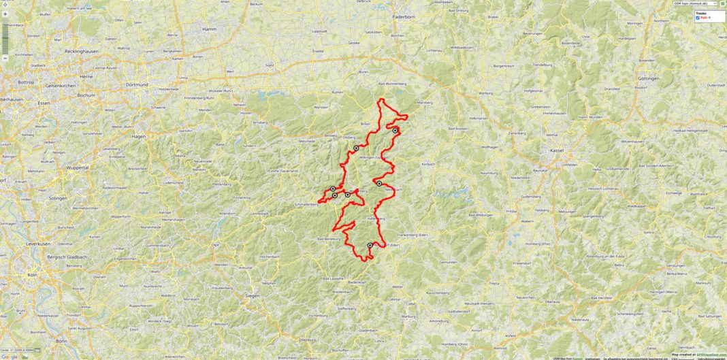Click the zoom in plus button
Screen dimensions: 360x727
(5, 14)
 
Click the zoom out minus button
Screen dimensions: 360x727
(5, 59)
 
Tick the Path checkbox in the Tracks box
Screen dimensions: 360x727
(698, 18)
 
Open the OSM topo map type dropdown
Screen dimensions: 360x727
(694, 3)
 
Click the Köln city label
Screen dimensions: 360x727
(31, 275)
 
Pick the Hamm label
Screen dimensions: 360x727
(210, 30)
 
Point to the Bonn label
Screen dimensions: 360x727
(62, 340)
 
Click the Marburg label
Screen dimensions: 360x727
(408, 317)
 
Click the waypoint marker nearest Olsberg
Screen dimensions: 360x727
(356, 148)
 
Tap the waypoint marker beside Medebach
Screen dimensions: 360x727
(379, 184)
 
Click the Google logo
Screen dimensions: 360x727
(10, 356)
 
